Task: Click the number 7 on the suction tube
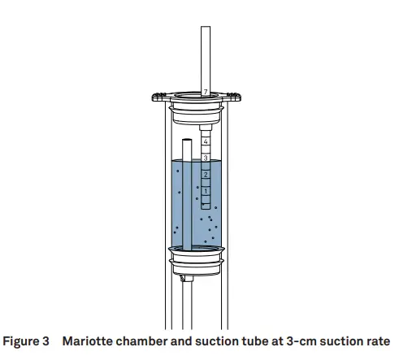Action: (x=206, y=92)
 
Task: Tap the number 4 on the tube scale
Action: (x=206, y=141)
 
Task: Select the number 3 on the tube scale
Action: (x=206, y=158)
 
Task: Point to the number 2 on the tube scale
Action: (x=206, y=175)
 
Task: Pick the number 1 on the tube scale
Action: (x=206, y=191)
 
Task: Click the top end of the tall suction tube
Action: (x=206, y=29)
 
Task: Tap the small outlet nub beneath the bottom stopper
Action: (x=185, y=278)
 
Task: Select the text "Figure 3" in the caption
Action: (x=31, y=340)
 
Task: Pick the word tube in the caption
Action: (x=260, y=340)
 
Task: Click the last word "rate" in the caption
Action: (x=376, y=340)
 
